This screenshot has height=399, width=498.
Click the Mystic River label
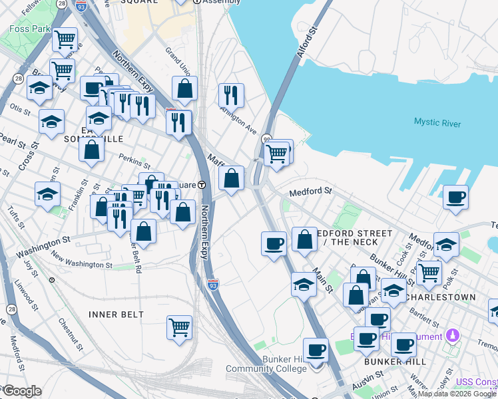point(437,122)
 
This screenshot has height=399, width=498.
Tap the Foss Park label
point(29,29)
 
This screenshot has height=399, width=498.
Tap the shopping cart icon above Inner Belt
point(180,327)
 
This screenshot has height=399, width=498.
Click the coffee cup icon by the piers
point(456,197)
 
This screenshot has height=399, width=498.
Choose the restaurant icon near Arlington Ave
point(231,94)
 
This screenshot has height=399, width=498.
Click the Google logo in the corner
point(22,391)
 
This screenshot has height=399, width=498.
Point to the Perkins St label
point(130,158)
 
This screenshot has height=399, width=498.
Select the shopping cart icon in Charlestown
point(429,271)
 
